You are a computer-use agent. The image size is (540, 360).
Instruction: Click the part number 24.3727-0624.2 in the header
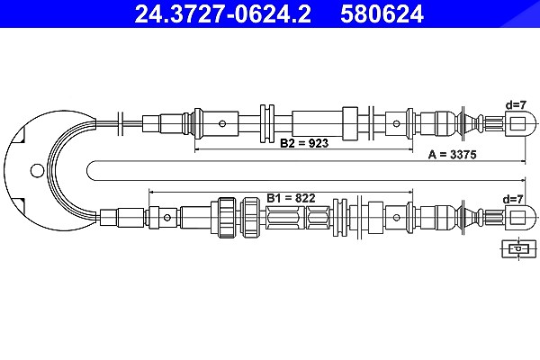(x=223, y=13)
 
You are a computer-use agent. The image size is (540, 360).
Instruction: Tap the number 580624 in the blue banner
(x=382, y=13)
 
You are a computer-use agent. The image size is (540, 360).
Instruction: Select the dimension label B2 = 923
(x=304, y=142)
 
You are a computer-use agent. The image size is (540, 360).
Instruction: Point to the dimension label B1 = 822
(x=291, y=198)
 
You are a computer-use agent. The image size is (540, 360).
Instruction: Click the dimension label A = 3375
(x=452, y=155)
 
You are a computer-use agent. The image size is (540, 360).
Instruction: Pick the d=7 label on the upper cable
(x=516, y=104)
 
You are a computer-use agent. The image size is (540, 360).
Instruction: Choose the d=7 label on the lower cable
(x=513, y=199)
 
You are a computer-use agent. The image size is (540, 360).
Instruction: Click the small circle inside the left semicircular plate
(x=37, y=170)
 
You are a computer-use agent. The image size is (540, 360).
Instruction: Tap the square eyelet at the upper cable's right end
(x=517, y=123)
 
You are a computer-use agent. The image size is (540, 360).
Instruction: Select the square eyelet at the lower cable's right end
(x=517, y=218)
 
